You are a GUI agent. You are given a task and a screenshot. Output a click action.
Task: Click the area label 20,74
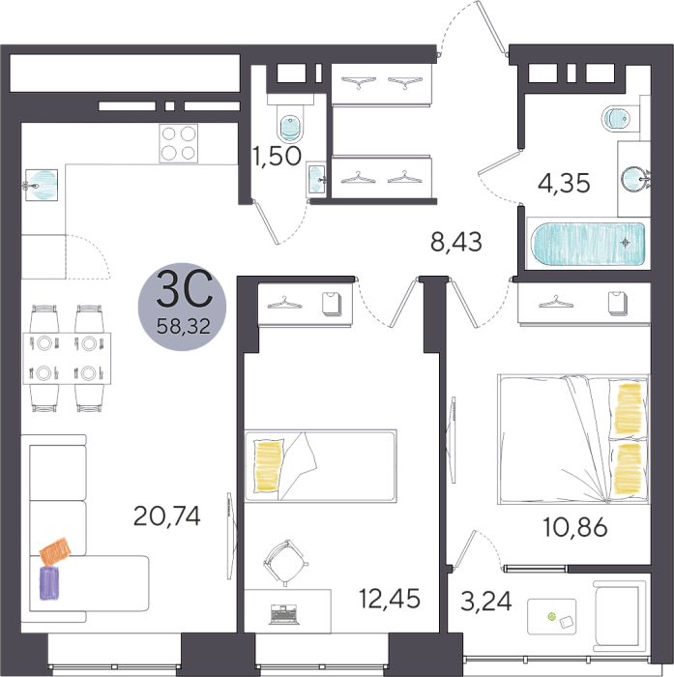pyautogui.click(x=167, y=515)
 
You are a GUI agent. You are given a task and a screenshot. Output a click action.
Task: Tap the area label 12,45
pyautogui.click(x=390, y=599)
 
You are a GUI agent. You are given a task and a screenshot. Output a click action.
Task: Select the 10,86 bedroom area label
pyautogui.click(x=575, y=527)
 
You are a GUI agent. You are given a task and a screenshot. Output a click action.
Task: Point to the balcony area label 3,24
pyautogui.click(x=486, y=602)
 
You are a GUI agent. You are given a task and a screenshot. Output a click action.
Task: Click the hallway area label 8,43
pyautogui.click(x=456, y=242)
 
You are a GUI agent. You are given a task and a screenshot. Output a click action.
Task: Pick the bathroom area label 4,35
pyautogui.click(x=564, y=183)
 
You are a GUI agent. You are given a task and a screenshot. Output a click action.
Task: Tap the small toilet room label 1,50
pyautogui.click(x=277, y=156)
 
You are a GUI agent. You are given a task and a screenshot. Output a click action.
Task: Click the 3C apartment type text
pyautogui.click(x=185, y=288)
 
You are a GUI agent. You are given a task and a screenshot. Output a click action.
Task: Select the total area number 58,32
pyautogui.click(x=184, y=326)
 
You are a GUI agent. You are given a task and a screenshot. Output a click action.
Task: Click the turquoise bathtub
pyautogui.click(x=588, y=243)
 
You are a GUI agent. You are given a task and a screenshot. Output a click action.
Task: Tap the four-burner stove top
pyautogui.click(x=178, y=143)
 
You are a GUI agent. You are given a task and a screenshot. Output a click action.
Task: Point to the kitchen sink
pyautogui.click(x=42, y=186)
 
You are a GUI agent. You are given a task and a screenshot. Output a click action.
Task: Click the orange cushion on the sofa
pyautogui.click(x=55, y=552)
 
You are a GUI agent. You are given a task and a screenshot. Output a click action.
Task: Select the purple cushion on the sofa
pyautogui.click(x=49, y=583)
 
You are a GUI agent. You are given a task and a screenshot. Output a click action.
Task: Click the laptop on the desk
pyautogui.click(x=284, y=615)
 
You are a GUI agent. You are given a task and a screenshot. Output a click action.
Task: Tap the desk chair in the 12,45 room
pyautogui.click(x=285, y=563)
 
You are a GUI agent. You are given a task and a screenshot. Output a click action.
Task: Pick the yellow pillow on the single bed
pyautogui.click(x=268, y=465)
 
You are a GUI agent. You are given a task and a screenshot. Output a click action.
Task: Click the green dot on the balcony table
pyautogui.click(x=551, y=617)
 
